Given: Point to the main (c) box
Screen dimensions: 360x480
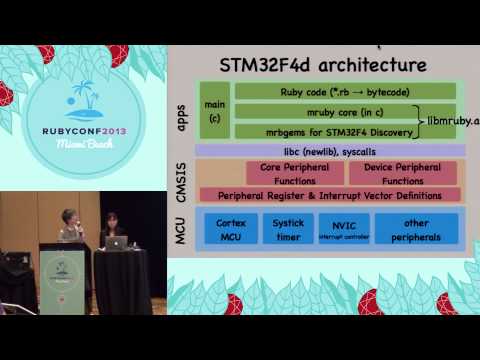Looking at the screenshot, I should [212, 111].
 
